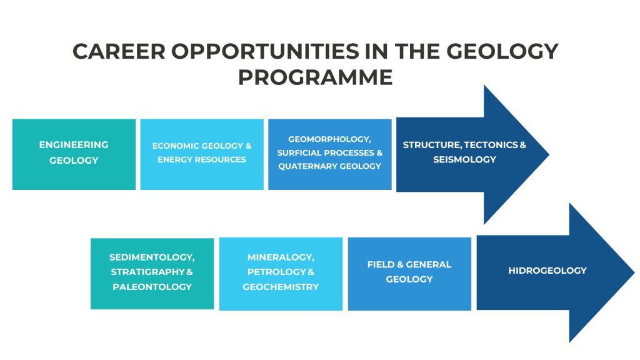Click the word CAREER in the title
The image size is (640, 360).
click(x=119, y=52)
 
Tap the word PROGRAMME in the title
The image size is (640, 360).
click(x=316, y=77)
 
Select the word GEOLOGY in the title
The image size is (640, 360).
click(x=502, y=52)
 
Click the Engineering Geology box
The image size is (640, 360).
click(x=74, y=154)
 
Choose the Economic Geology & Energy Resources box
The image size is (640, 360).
click(x=202, y=154)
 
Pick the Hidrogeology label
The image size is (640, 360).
click(x=547, y=271)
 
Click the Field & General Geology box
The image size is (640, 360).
click(x=409, y=274)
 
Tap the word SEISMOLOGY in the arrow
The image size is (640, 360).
click(x=464, y=159)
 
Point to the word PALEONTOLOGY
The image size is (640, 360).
click(x=152, y=287)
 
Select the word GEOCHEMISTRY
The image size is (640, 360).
click(x=281, y=287)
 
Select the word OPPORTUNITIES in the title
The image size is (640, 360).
click(x=265, y=52)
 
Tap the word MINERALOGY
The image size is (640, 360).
click(x=281, y=257)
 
